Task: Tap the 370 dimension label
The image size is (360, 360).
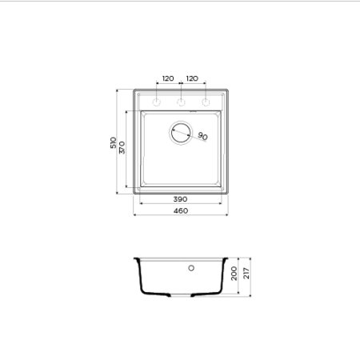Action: pyautogui.click(x=122, y=149)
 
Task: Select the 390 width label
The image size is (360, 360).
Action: pyautogui.click(x=180, y=198)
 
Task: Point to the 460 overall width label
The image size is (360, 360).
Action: pyautogui.click(x=180, y=210)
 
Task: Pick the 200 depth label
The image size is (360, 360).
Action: pyautogui.click(x=234, y=276)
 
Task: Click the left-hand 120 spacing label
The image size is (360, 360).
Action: pyautogui.click(x=167, y=78)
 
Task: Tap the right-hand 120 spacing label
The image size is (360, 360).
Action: pyautogui.click(x=192, y=78)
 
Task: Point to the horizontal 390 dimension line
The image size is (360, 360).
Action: pyautogui.click(x=180, y=203)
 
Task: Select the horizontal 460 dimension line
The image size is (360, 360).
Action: pyautogui.click(x=180, y=216)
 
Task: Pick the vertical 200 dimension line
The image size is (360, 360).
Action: pyautogui.click(x=239, y=276)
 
